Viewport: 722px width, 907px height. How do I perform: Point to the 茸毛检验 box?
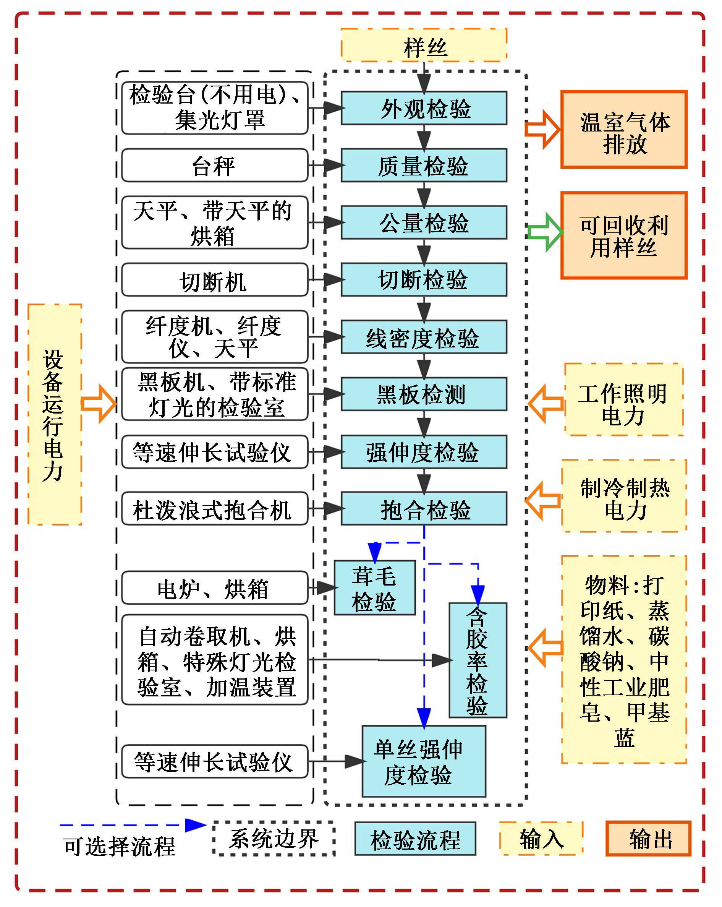tap(374, 588)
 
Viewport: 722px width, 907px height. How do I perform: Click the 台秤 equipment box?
tap(214, 165)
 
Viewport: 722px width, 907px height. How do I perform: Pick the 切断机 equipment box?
tap(214, 280)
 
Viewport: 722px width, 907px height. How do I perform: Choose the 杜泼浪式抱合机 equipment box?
tap(214, 509)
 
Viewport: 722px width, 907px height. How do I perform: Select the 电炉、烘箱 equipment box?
tap(214, 588)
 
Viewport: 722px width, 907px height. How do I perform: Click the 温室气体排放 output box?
tap(623, 130)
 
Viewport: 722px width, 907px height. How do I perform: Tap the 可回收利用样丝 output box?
tap(623, 235)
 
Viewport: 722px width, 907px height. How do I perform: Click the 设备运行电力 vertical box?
tap(55, 414)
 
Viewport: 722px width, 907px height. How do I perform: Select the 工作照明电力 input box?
tap(623, 400)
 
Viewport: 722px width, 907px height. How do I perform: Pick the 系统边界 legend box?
tap(274, 839)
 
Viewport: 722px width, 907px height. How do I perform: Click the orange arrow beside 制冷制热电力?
tap(543, 501)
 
